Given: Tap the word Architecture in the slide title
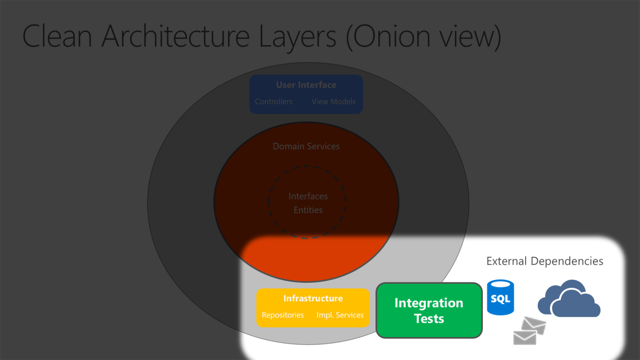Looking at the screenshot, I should (177, 36).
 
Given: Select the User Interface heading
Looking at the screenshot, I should (306, 85).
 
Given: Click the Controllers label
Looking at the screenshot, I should (273, 101).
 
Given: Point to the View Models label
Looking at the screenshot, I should (333, 101).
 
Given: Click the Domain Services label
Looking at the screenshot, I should (306, 147).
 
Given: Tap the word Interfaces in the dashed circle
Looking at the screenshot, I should (308, 196).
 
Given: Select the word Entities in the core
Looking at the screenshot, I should (308, 210).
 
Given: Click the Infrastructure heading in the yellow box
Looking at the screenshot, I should (313, 299).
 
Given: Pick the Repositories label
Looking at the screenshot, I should (283, 315).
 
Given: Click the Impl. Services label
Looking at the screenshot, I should (340, 315).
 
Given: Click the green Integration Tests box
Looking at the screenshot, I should (429, 310).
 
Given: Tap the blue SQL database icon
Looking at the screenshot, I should (500, 298).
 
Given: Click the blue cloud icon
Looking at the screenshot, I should (568, 300).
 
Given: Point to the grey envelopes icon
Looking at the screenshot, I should (529, 331).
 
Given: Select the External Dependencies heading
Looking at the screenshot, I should (545, 261).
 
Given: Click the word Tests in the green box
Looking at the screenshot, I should (429, 319).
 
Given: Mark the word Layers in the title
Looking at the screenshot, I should (297, 36).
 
